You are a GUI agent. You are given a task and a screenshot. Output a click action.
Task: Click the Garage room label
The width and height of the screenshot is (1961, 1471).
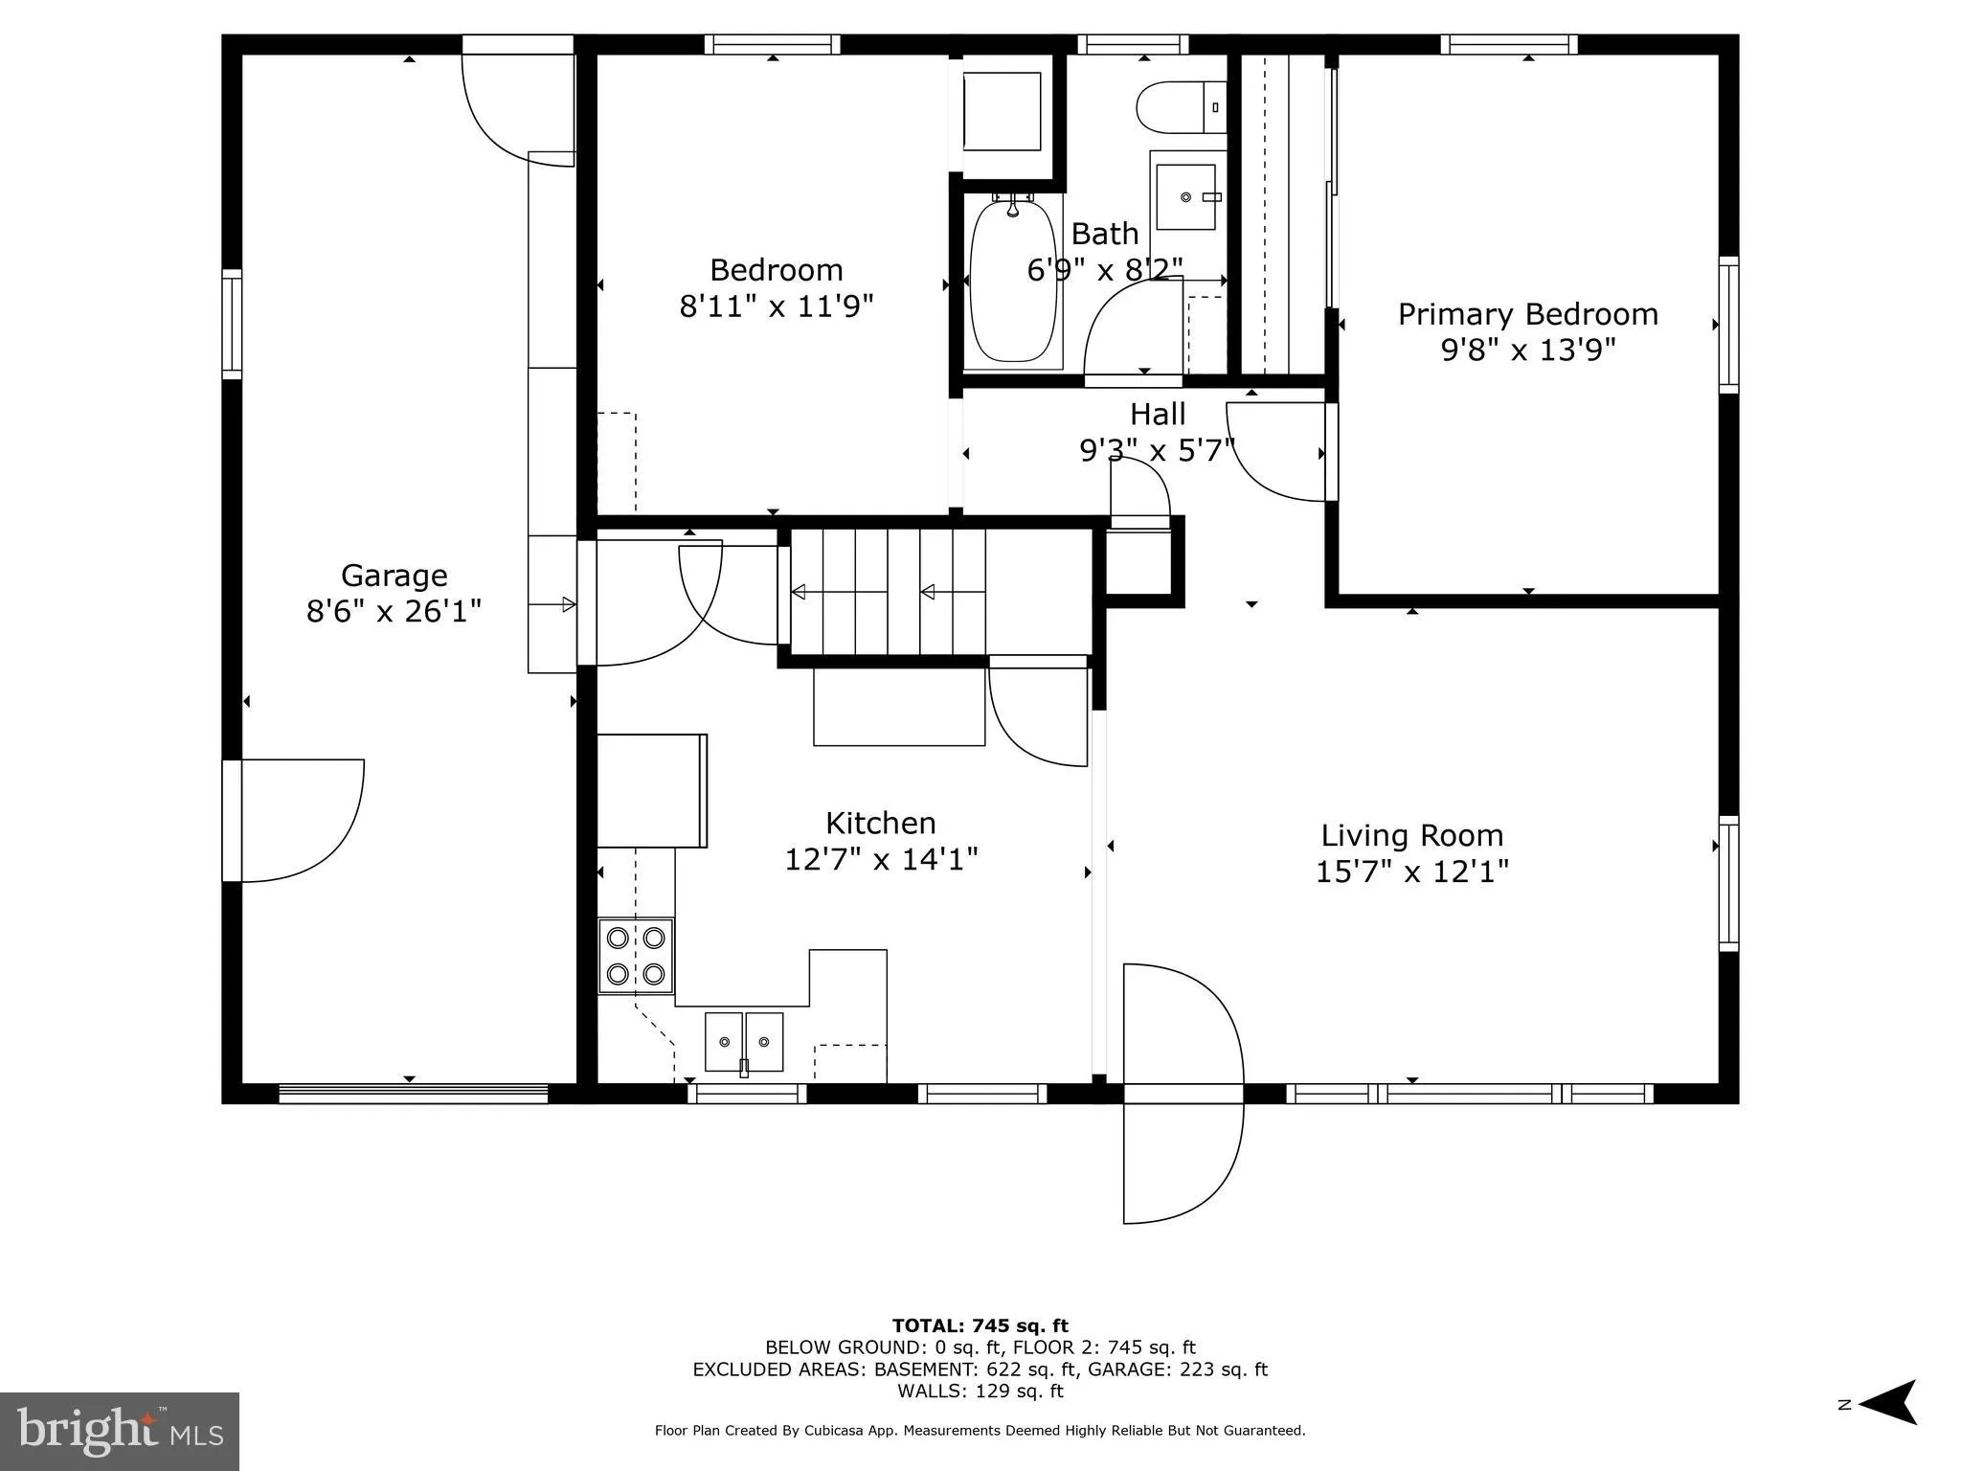[394, 576]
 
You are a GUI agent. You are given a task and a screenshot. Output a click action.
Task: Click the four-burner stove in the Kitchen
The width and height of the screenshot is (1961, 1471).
[636, 956]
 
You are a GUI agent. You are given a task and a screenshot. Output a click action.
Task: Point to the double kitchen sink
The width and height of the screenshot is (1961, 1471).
[744, 1042]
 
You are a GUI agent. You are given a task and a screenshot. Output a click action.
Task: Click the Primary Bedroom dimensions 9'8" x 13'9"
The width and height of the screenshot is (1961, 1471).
[1527, 351]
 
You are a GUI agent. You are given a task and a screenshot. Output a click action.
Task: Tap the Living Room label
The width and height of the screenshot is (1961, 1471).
[1411, 835]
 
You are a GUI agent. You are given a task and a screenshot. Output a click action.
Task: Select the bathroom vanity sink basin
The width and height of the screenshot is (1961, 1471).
[1186, 197]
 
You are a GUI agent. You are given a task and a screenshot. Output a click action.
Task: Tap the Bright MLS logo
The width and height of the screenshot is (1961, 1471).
[120, 1432]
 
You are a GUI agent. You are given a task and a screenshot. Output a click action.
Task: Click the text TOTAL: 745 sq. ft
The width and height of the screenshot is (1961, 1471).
[980, 1326]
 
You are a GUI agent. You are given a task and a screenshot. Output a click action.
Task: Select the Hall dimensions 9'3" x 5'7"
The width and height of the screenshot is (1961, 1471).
[1157, 450]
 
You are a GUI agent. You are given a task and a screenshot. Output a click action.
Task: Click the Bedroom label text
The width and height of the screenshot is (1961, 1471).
[776, 270]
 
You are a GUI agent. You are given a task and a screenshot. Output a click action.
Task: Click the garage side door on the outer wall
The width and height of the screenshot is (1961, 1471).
[297, 821]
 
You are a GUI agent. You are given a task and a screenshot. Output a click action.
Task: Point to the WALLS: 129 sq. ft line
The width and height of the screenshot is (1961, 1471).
[980, 1392]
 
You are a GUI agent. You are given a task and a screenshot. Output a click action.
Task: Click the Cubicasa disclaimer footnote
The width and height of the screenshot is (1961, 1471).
[980, 1431]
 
